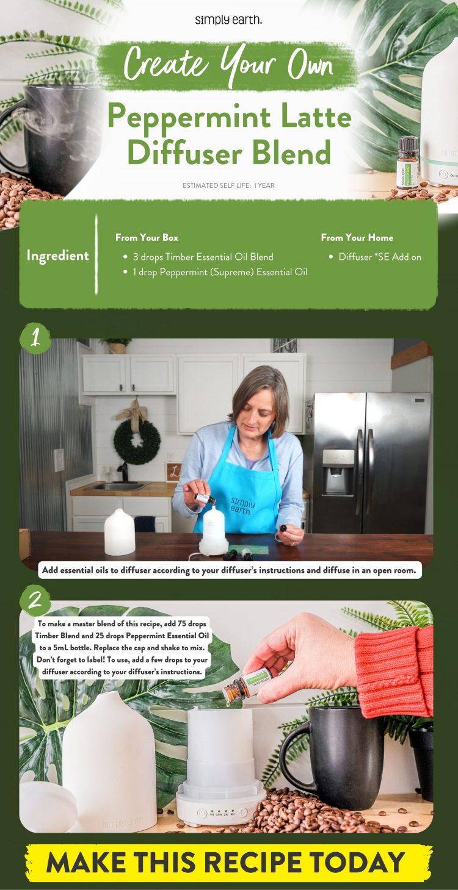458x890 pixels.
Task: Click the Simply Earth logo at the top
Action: click(x=228, y=20)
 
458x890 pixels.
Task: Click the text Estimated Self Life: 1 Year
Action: click(x=228, y=185)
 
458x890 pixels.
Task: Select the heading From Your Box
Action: click(x=147, y=238)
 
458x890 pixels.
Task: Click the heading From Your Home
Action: click(x=357, y=238)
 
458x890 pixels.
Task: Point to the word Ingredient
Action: click(x=57, y=256)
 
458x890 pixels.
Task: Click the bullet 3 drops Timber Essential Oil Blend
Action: click(x=203, y=257)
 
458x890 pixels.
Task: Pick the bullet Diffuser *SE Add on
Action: click(x=379, y=257)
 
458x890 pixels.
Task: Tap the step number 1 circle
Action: click(x=35, y=338)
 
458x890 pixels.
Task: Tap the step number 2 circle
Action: click(x=35, y=600)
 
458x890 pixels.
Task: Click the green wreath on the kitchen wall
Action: click(x=137, y=441)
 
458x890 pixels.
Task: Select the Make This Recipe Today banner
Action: click(x=228, y=862)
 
